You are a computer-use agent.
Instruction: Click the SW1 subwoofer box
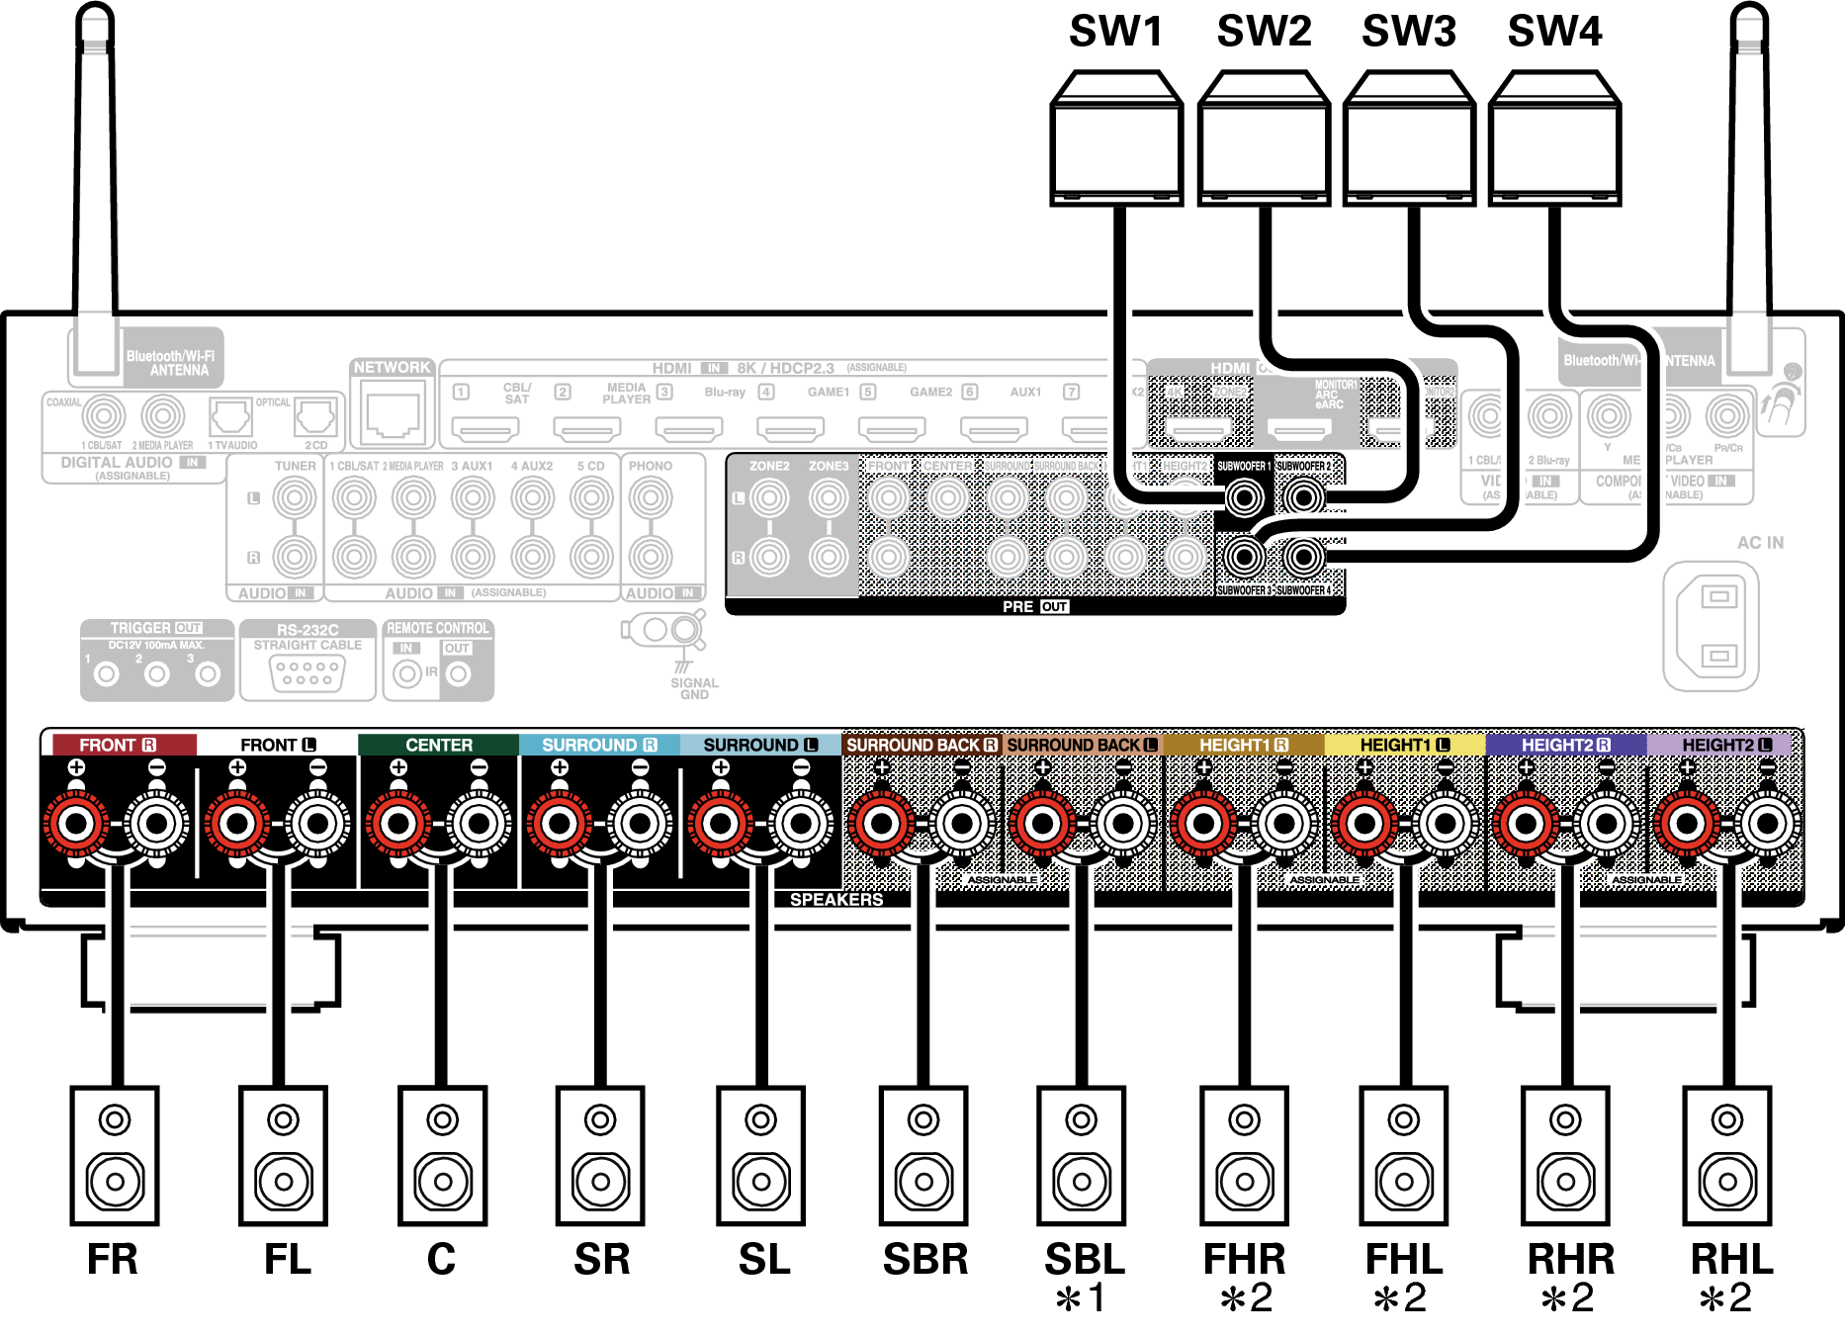(1116, 138)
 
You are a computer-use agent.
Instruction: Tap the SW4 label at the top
(1554, 32)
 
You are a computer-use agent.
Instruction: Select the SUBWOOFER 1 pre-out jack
(1244, 496)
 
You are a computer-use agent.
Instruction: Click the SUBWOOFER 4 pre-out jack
(1304, 558)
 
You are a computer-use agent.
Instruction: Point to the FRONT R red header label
(120, 745)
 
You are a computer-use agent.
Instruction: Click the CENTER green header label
(439, 745)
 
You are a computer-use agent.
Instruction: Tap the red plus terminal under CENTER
(398, 822)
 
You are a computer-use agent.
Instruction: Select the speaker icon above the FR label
(115, 1155)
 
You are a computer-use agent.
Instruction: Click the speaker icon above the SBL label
(1082, 1155)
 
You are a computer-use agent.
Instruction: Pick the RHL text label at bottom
(1731, 1259)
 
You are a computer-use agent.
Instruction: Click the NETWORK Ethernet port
(393, 415)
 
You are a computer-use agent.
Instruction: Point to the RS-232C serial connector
(307, 672)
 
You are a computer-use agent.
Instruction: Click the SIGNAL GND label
(694, 688)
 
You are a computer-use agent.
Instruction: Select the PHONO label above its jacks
(651, 466)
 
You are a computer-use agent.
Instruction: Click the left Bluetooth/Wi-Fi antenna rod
(96, 178)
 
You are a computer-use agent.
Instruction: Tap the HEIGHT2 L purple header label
(1725, 745)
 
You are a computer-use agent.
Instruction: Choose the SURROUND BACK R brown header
(922, 745)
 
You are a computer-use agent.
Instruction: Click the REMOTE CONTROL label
(438, 628)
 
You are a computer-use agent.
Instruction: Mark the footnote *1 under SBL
(1081, 1298)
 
